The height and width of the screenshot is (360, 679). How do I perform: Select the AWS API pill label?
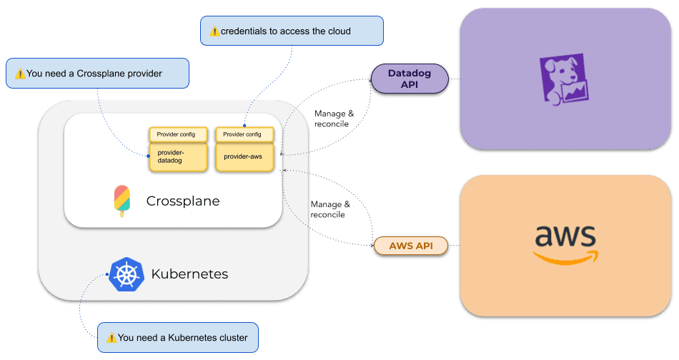point(412,246)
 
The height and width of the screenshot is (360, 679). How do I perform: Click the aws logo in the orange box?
point(565,243)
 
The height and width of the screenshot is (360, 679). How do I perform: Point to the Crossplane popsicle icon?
point(122,201)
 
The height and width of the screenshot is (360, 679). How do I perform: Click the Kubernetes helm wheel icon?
point(127,274)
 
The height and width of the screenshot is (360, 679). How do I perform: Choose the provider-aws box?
point(244,156)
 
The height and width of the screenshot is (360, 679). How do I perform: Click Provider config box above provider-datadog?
point(178,134)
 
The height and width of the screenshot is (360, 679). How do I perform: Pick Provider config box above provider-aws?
point(244,134)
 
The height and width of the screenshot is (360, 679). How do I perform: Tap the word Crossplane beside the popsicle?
point(183,201)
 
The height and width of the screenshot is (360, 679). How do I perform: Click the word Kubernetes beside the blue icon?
point(189,274)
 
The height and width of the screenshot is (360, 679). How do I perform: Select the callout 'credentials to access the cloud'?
point(291,31)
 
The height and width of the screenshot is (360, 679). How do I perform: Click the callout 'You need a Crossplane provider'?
point(97,74)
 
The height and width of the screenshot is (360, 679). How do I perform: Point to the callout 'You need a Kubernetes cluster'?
point(177,337)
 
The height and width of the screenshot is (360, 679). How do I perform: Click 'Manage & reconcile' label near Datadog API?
point(332,119)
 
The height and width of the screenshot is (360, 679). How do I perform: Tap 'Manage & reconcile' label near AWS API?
point(330,209)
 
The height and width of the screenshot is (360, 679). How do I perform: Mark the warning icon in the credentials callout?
point(214,31)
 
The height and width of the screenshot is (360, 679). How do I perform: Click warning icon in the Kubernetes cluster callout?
point(111,338)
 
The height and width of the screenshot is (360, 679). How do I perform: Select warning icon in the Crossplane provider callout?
point(20,74)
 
